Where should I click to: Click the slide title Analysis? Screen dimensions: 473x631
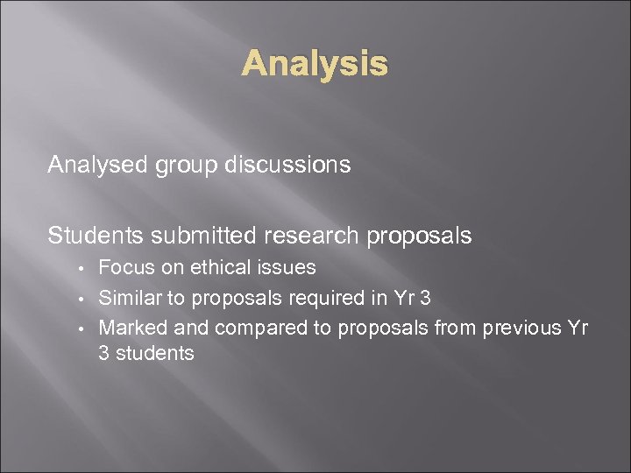point(315,63)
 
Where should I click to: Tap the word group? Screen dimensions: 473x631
point(181,166)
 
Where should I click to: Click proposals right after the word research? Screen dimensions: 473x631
point(419,236)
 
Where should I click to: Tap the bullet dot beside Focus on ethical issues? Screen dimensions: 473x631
point(80,268)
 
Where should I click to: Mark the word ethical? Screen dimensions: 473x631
point(209,267)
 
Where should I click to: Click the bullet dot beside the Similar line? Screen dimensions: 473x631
point(80,299)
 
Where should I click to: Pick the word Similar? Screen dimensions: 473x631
point(130,298)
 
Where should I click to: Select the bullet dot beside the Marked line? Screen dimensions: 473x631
point(80,329)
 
